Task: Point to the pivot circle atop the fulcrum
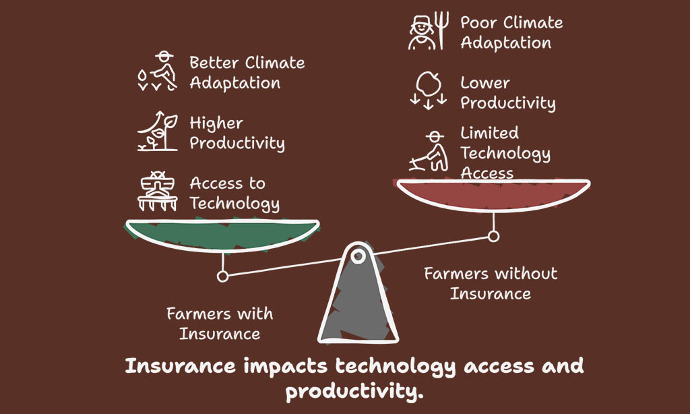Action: pos(358,256)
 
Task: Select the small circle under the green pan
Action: pos(222,276)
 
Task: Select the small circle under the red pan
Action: pos(493,237)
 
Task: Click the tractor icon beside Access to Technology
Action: pos(158,191)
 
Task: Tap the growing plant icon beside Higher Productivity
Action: pos(158,131)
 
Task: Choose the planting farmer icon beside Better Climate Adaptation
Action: pos(158,71)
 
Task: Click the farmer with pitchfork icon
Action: pos(429,31)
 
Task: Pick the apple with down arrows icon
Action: pos(429,91)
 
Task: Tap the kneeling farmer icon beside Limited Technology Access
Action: pos(429,151)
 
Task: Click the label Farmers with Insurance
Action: pos(220,324)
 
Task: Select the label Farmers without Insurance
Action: pos(491,284)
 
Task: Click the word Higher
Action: pos(216,123)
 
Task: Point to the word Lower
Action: pos(485,83)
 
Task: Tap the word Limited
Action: pos(489,133)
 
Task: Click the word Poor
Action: pos(478,22)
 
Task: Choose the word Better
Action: pos(214,63)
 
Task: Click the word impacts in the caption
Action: pos(286,366)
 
